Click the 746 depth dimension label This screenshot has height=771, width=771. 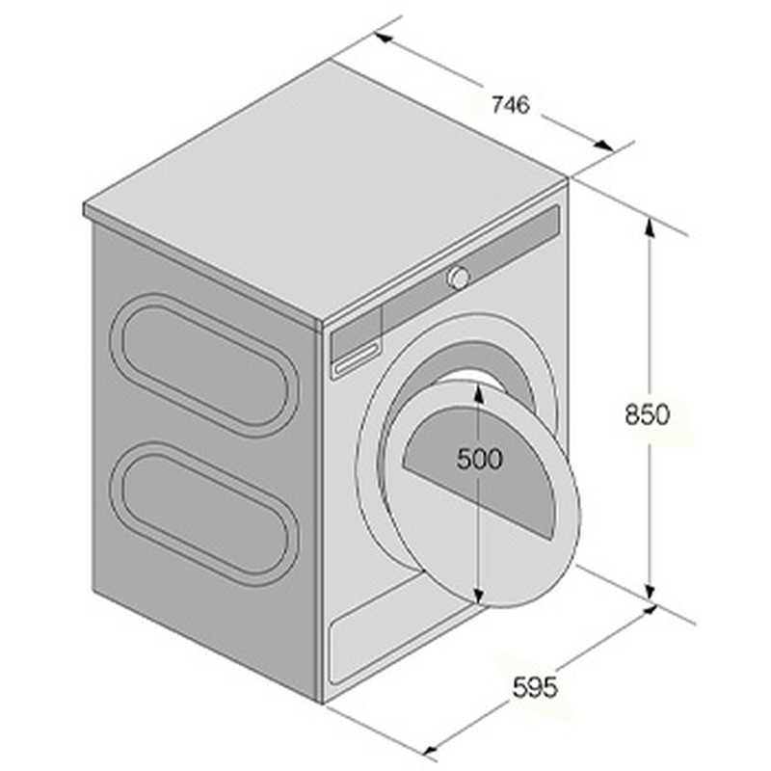click(511, 105)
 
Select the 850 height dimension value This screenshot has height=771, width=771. click(647, 414)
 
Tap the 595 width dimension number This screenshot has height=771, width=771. click(535, 687)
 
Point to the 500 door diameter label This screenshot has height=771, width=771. click(479, 460)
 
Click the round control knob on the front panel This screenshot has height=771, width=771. click(458, 278)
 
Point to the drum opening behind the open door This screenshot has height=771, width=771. click(482, 371)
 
